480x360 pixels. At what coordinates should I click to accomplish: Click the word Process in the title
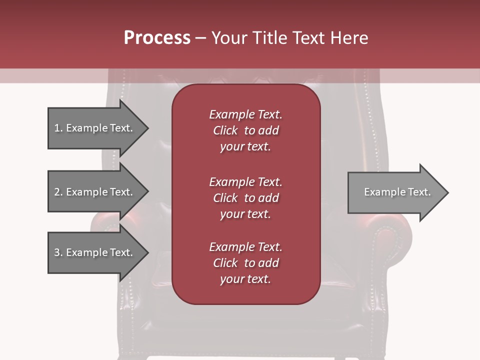(157, 38)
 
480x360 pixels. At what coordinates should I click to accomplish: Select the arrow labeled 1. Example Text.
(95, 128)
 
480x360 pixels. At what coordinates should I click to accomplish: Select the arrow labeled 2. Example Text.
(95, 192)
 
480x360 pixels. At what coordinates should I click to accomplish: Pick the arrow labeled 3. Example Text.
(95, 252)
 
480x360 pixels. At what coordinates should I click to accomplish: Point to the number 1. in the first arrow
(58, 128)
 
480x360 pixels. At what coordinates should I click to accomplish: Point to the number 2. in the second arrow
(58, 192)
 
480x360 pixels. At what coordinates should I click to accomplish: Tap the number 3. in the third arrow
(58, 252)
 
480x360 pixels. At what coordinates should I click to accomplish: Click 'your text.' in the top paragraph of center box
(245, 146)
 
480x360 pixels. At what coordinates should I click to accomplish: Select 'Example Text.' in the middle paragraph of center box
(245, 181)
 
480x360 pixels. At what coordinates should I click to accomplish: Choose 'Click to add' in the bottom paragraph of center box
(245, 263)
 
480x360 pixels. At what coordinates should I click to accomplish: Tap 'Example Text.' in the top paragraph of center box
(245, 114)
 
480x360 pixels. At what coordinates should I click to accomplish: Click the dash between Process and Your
(200, 38)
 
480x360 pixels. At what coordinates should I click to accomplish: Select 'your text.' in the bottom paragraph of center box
(245, 279)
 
